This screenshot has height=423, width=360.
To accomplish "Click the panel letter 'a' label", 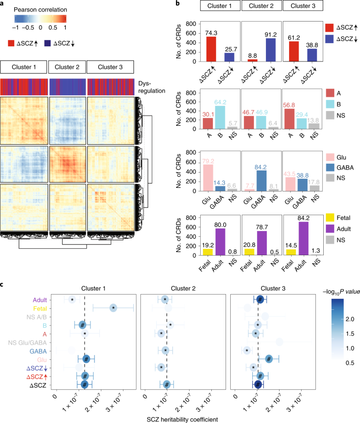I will point(3,4).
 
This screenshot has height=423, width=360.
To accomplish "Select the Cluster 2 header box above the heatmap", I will point(67,67).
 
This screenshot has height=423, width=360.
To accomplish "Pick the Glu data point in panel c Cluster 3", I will point(269,359).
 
